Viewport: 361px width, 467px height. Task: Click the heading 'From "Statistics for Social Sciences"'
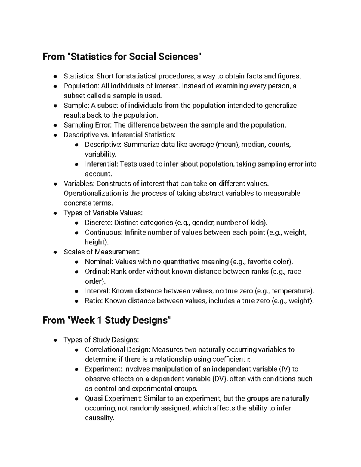click(121, 56)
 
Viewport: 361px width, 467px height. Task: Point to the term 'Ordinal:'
click(97, 272)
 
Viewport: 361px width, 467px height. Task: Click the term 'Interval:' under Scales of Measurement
click(98, 291)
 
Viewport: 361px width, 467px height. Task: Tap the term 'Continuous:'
click(104, 232)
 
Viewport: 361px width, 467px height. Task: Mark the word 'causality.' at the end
click(100, 418)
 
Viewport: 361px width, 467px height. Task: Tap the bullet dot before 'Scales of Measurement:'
click(55, 252)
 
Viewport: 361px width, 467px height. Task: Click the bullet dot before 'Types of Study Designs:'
click(55, 340)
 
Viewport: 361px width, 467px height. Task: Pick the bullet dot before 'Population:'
click(55, 86)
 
